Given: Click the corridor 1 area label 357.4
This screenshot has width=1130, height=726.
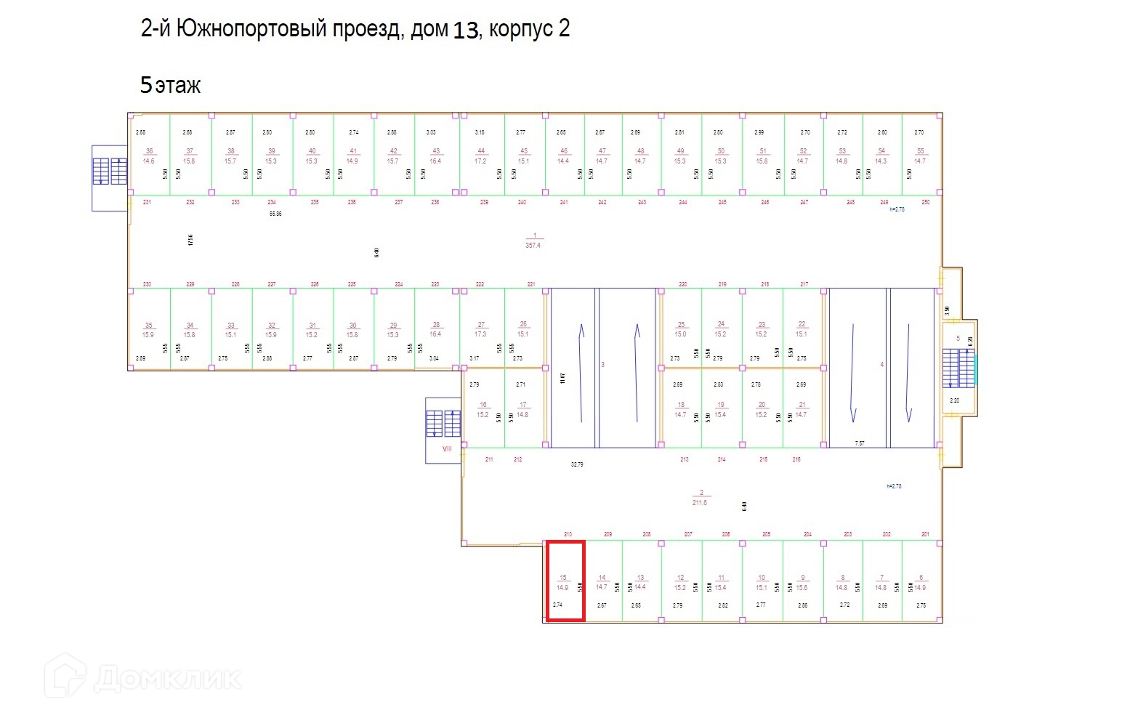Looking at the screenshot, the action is tap(533, 246).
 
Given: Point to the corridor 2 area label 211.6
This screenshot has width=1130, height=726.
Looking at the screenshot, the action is tap(700, 502).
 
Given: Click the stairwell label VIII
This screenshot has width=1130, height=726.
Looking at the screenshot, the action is tap(447, 448).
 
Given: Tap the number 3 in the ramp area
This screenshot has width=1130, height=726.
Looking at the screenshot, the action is tap(602, 364).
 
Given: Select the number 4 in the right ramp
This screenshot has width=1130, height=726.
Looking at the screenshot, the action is tap(882, 364).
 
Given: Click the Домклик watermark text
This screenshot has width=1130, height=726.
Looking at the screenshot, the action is tap(167, 679).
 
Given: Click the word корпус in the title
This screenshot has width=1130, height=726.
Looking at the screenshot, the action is tap(520, 29).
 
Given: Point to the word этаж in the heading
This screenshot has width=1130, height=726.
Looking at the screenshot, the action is tap(177, 86).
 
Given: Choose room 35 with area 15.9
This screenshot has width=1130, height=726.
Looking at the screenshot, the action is tap(148, 330).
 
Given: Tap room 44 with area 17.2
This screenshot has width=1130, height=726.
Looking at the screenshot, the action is tap(480, 156).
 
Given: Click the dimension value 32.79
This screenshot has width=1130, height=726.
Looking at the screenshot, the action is tap(577, 464).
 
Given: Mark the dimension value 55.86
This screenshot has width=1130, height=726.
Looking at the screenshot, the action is tap(275, 214).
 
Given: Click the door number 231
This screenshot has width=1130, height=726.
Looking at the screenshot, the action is tap(147, 202).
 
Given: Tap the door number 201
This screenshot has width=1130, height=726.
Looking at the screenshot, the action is tap(925, 534).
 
